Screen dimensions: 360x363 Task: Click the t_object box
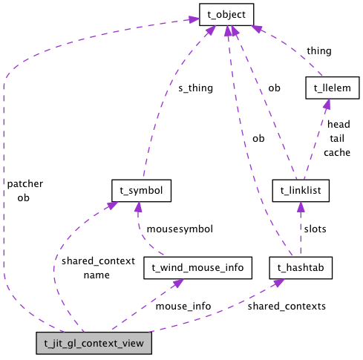(227, 13)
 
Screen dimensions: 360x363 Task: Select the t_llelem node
(333, 88)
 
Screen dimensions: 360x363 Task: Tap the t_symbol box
(141, 189)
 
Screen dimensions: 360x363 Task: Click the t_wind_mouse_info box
(198, 266)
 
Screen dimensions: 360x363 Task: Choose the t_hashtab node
(301, 266)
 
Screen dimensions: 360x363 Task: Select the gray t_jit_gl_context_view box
(94, 343)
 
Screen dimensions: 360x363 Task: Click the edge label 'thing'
(319, 51)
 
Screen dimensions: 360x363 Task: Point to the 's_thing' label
(195, 88)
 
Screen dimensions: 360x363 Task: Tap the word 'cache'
(336, 152)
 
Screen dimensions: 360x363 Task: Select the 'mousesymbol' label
(180, 229)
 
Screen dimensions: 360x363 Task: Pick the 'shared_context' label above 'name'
(98, 261)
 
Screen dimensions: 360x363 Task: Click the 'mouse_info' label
(183, 305)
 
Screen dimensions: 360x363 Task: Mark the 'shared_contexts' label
(287, 305)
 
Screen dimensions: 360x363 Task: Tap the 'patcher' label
(25, 183)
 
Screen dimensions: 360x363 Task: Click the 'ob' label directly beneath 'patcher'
(23, 197)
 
